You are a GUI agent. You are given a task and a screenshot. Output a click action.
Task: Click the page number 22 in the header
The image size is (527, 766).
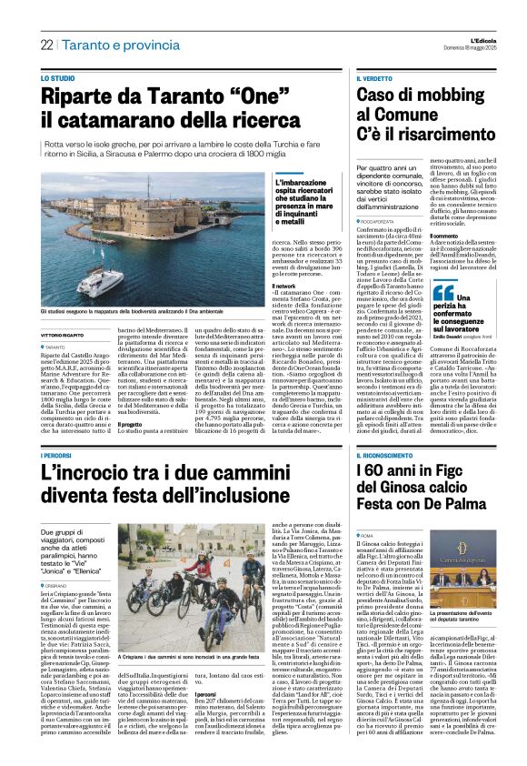point(45,45)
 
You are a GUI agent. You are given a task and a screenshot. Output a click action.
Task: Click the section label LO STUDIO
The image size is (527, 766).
point(57,79)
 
